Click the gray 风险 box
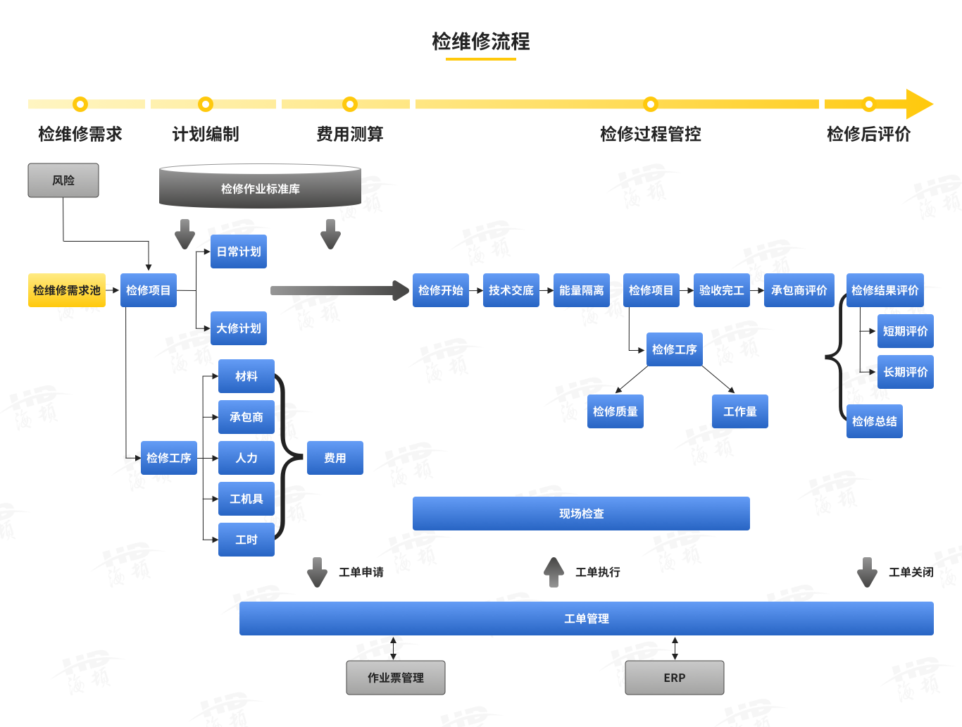[x=63, y=180]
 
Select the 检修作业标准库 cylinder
[x=260, y=188]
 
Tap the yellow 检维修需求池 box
[x=67, y=290]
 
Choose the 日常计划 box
[x=239, y=251]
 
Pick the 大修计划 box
[x=239, y=328]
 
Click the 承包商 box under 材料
[x=246, y=417]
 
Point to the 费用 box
[x=335, y=458]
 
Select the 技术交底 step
[x=511, y=290]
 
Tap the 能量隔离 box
[x=582, y=290]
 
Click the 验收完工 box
[x=722, y=290]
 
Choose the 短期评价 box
[x=905, y=331]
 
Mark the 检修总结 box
[x=875, y=421]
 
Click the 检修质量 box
[x=616, y=411]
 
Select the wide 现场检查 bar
[x=581, y=514]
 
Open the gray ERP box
[x=675, y=678]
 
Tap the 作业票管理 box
[x=396, y=678]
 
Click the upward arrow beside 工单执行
[x=554, y=572]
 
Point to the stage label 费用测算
[x=350, y=134]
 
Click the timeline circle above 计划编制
[x=206, y=104]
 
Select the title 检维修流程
[x=481, y=42]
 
